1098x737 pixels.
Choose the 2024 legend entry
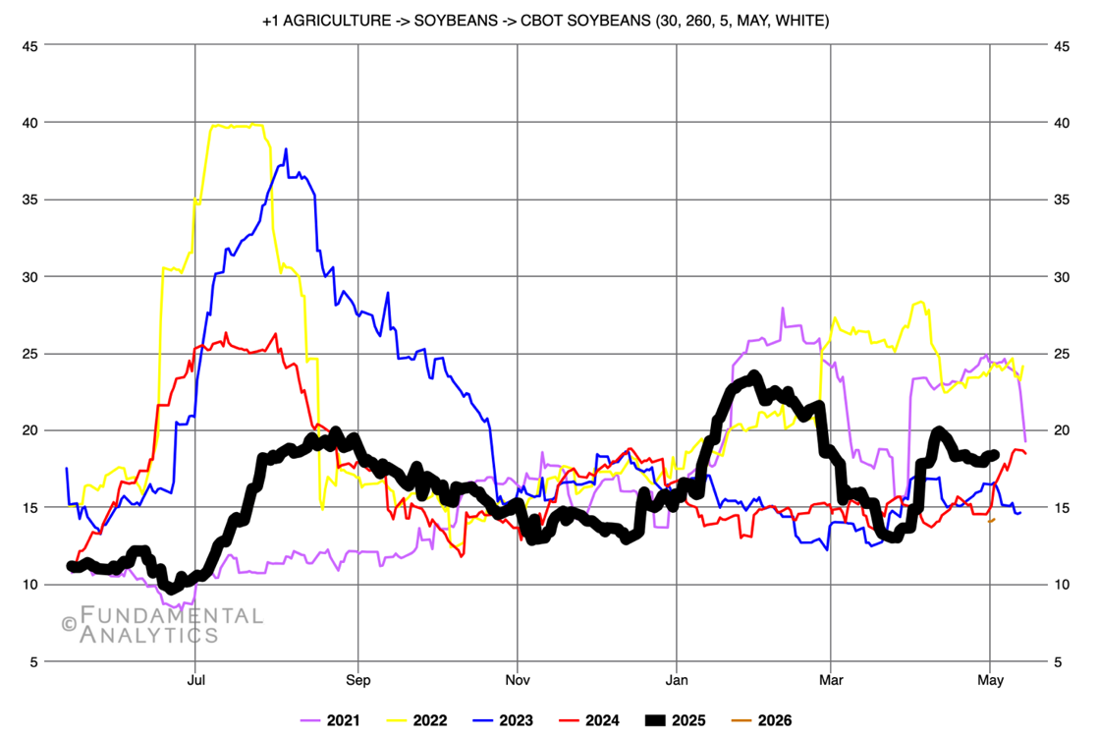click(588, 720)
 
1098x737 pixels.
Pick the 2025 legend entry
click(675, 720)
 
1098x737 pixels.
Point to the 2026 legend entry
click(761, 720)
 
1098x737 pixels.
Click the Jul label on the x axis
click(195, 679)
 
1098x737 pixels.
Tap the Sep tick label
click(357, 679)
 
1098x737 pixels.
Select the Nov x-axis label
click(518, 679)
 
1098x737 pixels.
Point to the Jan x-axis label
click(676, 679)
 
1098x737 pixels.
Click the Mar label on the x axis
click(831, 679)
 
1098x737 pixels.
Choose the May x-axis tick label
click(990, 679)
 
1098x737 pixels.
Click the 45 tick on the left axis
click(31, 45)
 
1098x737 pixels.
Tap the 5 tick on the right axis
click(1060, 661)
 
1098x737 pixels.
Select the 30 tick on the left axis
click(31, 276)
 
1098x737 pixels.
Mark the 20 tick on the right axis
click(1063, 430)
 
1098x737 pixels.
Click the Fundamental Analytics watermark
click(162, 625)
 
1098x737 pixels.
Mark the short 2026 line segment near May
click(992, 520)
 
